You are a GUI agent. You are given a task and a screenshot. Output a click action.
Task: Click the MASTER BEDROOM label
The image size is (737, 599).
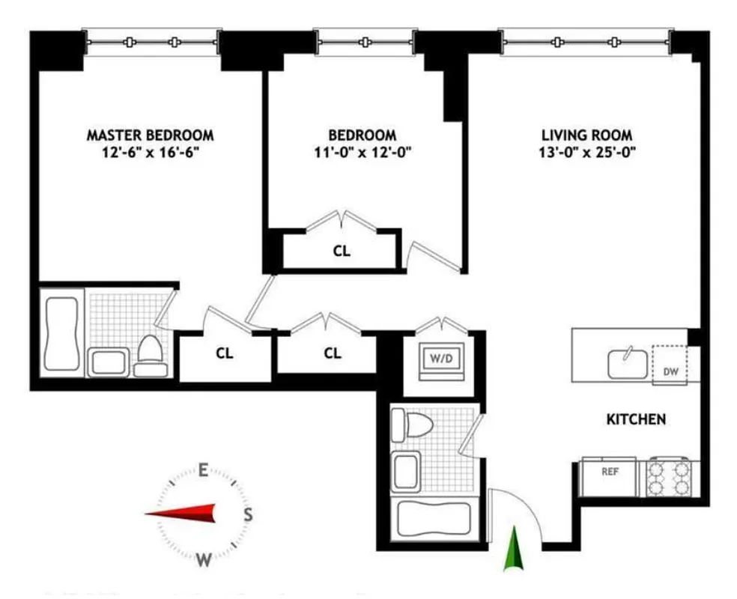click(x=150, y=135)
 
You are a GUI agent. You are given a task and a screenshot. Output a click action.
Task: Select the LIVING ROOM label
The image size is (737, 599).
click(x=586, y=135)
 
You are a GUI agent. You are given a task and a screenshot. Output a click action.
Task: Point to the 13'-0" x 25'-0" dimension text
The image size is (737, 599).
click(x=586, y=152)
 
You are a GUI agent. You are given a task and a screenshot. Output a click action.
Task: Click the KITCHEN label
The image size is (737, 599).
click(x=635, y=419)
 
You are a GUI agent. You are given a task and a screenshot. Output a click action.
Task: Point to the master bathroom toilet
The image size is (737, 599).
click(x=151, y=355)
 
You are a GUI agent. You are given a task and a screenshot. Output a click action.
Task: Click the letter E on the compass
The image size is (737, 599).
click(x=203, y=470)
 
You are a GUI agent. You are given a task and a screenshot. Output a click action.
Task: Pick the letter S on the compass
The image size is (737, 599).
click(x=248, y=514)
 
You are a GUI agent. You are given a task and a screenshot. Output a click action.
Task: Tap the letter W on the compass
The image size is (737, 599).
click(x=203, y=559)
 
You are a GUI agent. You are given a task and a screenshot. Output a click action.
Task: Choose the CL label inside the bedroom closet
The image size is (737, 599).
click(x=342, y=252)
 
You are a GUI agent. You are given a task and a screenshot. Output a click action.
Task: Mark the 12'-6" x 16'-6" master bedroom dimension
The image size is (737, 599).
click(x=150, y=152)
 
